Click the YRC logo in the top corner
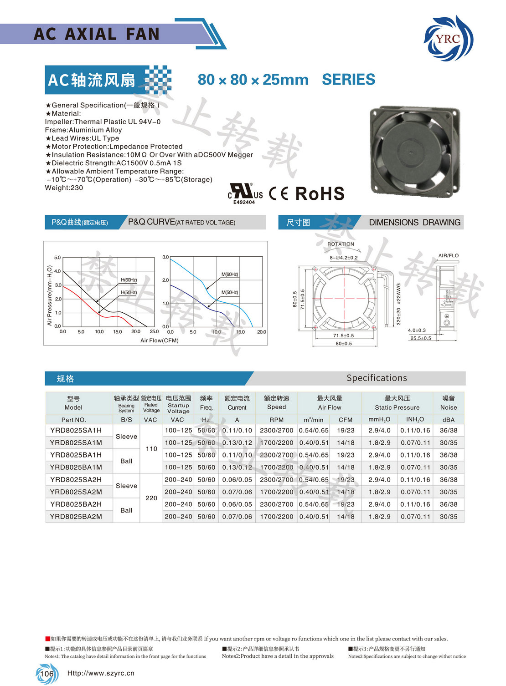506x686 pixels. coord(449,38)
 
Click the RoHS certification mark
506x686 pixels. coord(320,193)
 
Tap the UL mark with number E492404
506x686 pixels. coord(245,193)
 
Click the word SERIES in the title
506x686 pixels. coord(348,80)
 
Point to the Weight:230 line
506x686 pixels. coord(64,188)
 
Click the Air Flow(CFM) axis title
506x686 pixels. coord(159,340)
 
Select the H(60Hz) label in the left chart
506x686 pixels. coord(129,280)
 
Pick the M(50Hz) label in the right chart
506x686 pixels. coord(230,292)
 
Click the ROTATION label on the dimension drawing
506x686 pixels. coord(341,244)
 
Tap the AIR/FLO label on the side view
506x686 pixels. coord(448,255)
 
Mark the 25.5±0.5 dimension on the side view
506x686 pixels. coord(420,338)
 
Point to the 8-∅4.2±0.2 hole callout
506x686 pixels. coord(344,258)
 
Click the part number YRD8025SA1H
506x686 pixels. coord(76,430)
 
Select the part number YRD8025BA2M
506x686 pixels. coord(76,517)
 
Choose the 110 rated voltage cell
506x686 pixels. coord(151,449)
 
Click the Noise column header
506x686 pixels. coord(448,403)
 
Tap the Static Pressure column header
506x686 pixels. coord(397,403)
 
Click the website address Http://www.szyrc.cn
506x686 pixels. coord(101,673)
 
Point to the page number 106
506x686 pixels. coord(46,674)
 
